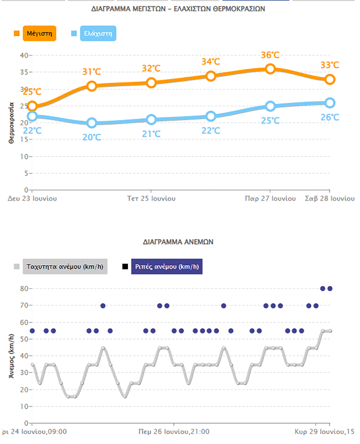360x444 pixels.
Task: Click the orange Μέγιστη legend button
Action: point(39,33)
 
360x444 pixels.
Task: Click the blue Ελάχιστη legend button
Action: point(98,33)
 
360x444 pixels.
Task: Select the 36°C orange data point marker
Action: point(270,69)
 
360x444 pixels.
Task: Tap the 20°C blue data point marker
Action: point(92,123)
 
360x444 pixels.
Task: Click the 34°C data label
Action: point(211,62)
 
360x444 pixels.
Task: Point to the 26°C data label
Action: point(330,117)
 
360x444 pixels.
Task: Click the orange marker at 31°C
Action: point(92,86)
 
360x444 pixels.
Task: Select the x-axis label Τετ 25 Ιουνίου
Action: point(151,198)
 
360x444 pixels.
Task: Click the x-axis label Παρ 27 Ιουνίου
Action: point(270,198)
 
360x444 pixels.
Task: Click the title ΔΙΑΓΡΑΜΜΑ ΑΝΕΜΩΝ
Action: point(178,242)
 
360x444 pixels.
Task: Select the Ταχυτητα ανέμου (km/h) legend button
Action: point(65,267)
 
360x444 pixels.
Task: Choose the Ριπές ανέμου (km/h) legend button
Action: point(167,267)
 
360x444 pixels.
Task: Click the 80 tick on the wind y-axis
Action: point(24,288)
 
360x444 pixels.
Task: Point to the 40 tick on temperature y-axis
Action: point(24,55)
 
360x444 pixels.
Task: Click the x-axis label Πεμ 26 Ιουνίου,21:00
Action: point(174,431)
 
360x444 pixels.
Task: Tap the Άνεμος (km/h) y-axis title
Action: point(12,356)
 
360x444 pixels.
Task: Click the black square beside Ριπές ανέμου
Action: point(125,267)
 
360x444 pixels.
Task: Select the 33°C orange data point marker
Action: point(330,80)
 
